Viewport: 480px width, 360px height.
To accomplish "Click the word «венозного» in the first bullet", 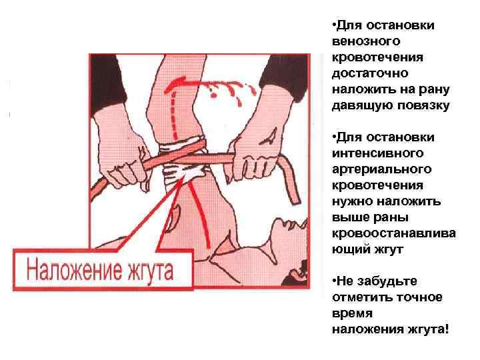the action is click(366, 41).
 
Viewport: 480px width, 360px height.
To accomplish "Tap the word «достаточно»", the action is click(370, 73).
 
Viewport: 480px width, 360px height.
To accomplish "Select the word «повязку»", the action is click(423, 105).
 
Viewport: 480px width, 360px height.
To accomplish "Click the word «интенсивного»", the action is click(378, 153).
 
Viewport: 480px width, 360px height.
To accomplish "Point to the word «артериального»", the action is click(382, 169).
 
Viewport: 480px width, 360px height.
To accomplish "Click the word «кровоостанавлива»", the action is click(394, 233).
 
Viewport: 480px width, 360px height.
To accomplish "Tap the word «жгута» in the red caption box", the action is click(151, 269).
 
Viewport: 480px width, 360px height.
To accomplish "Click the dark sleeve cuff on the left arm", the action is click(107, 81).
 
